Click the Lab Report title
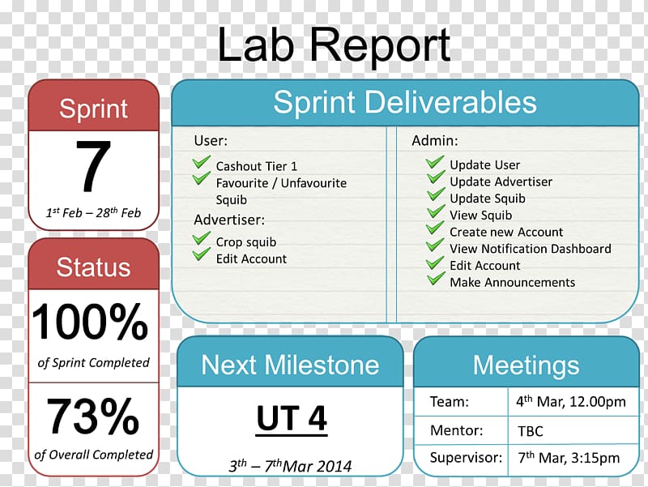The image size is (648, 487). [334, 45]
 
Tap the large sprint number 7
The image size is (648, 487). [93, 166]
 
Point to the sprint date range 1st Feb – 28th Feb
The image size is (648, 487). [93, 212]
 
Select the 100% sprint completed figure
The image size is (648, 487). [90, 322]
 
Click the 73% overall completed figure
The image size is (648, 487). [93, 416]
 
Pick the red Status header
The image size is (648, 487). [93, 267]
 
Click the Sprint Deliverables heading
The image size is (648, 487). [405, 103]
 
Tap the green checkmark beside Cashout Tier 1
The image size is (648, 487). [202, 163]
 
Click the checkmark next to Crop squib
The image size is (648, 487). [202, 238]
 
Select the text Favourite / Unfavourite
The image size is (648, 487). [281, 183]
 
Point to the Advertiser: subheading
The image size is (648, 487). [229, 220]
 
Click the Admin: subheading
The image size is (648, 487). [435, 141]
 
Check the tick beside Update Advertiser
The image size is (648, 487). [436, 177]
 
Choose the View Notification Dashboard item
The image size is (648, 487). [531, 249]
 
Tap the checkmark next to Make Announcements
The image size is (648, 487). [436, 278]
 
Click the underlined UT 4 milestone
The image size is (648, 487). [292, 419]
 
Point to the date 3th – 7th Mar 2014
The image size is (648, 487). [290, 466]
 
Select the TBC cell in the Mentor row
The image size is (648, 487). [531, 431]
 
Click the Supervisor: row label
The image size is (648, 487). [466, 458]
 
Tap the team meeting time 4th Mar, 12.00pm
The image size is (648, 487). [571, 401]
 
